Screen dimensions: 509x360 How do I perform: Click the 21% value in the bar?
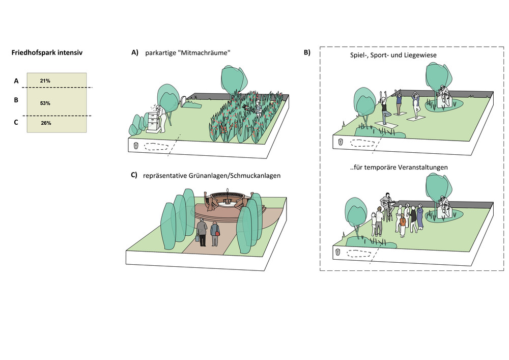(45, 81)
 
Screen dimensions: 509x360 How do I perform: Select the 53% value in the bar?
(45, 103)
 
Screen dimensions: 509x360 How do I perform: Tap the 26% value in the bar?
(46, 123)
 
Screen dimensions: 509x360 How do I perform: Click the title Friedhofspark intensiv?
(47, 52)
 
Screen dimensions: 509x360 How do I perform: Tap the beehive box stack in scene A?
(153, 122)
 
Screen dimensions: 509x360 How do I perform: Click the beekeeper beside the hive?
(162, 117)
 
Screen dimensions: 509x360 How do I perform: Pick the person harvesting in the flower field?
(258, 108)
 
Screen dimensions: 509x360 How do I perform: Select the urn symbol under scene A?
(136, 145)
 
